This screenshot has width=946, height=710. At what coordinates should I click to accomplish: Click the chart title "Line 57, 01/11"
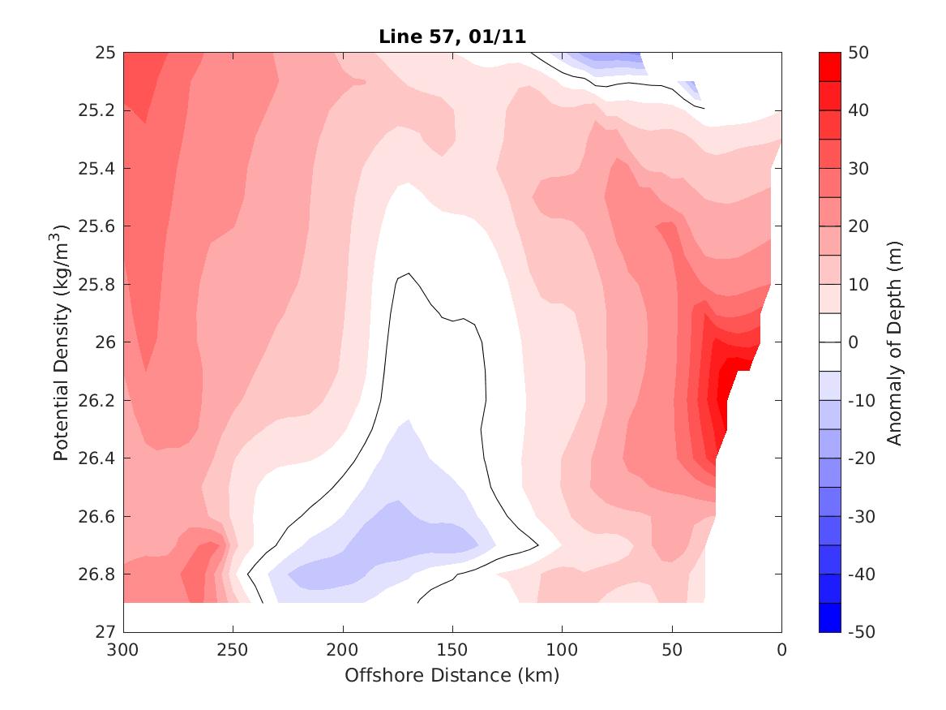(x=452, y=37)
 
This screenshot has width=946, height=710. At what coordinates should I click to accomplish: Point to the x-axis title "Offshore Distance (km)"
(x=452, y=675)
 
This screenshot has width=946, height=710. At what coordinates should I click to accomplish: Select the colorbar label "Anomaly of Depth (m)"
(x=895, y=342)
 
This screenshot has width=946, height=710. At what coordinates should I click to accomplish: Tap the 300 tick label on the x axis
(x=123, y=650)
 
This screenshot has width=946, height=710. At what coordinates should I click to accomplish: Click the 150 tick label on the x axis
(x=452, y=650)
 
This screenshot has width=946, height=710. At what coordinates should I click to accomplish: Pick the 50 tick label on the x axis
(x=672, y=650)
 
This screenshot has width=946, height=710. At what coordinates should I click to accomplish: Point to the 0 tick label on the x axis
(x=781, y=650)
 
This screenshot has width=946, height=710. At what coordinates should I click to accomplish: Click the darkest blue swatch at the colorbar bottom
(x=829, y=617)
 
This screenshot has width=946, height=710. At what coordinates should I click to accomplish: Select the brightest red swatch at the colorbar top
(x=829, y=67)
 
